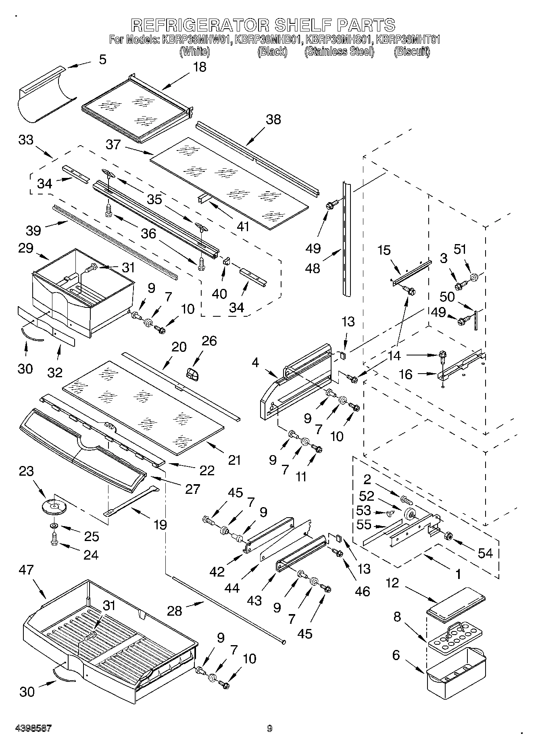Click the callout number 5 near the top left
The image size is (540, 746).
102,60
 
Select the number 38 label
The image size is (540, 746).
273,119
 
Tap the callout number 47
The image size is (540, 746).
27,570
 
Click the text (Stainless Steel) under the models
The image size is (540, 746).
339,52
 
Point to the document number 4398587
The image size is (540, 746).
33,728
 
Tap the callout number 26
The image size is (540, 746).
209,341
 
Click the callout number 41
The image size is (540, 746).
242,226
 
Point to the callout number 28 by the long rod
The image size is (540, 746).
175,611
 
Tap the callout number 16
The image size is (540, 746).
405,374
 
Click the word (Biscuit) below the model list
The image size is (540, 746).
412,52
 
